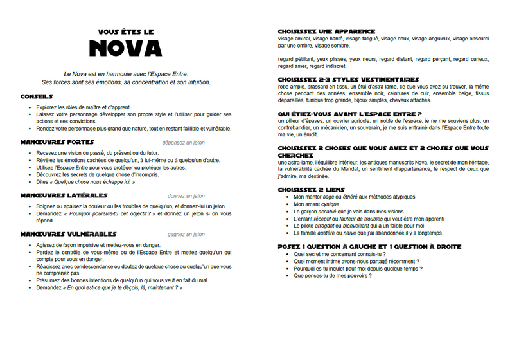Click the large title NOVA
tap(126, 49)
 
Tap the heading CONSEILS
tap(39, 96)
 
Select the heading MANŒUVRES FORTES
tap(57, 141)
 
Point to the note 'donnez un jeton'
tap(186, 195)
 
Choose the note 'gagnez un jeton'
tap(186, 234)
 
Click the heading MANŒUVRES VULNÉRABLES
tap(68, 234)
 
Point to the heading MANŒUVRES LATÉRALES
tap(64, 195)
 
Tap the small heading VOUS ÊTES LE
tap(126, 31)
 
